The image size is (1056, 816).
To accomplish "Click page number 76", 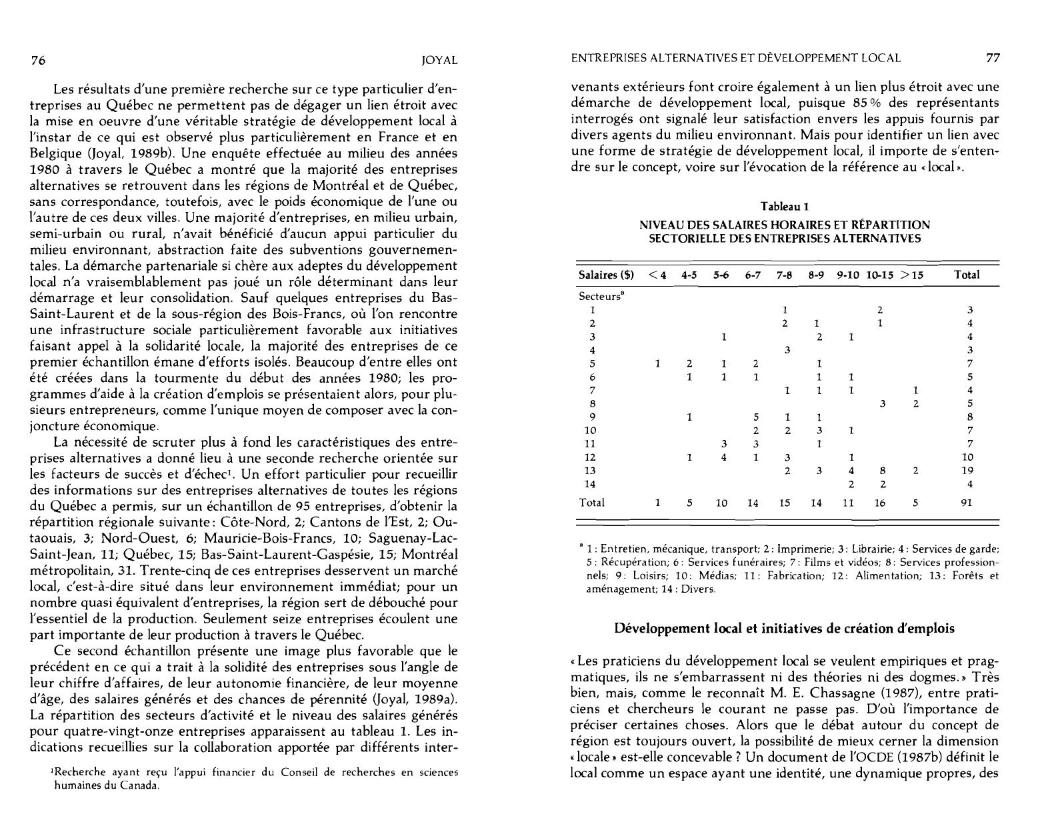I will coord(38,61).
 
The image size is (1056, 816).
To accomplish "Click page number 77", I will coord(993,58).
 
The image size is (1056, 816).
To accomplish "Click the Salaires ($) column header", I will coord(606,275).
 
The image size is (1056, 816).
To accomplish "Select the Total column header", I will coord(967,275).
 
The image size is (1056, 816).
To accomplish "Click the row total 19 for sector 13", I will coord(968,471).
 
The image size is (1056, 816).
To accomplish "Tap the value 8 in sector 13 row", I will coord(883,471).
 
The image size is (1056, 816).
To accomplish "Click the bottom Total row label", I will coord(592,503).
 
